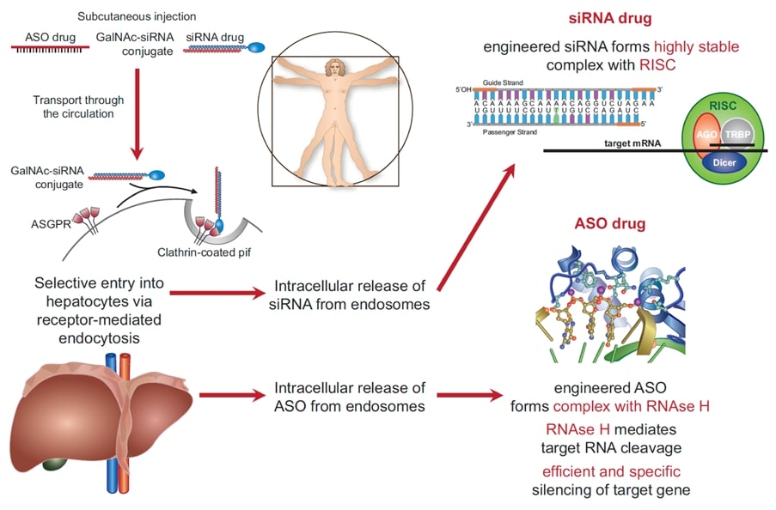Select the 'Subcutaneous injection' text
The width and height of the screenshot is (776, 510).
[136, 16]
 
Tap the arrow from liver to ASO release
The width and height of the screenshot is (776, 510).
[230, 396]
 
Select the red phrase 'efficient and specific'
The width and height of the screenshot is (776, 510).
[611, 471]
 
